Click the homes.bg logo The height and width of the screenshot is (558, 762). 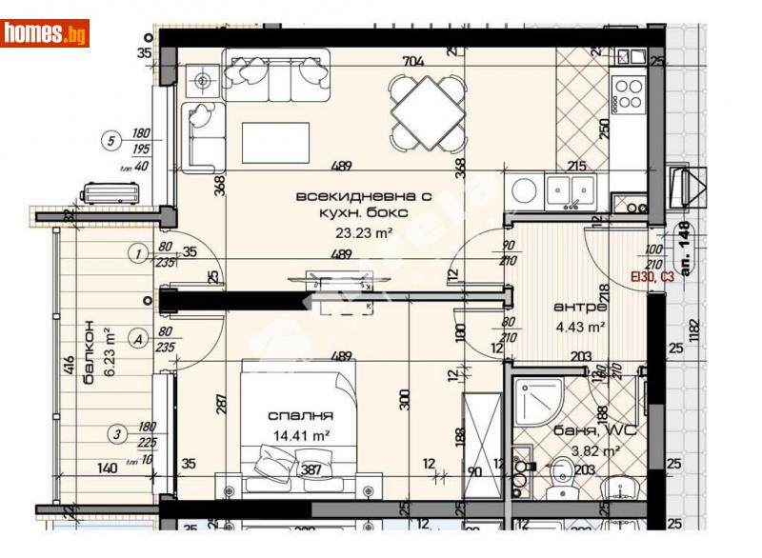coord(45,33)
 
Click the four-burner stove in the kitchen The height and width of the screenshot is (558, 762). coord(629,95)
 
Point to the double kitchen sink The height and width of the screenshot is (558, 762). coord(570,189)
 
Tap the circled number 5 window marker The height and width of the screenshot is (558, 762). coord(112,143)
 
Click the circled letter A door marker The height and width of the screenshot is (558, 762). coord(139,337)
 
